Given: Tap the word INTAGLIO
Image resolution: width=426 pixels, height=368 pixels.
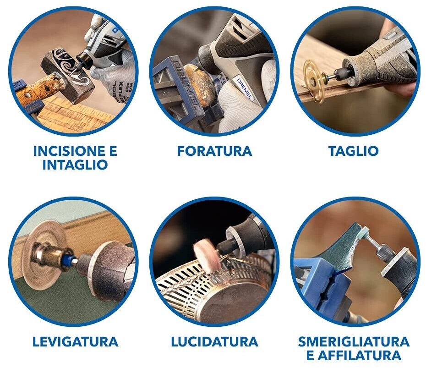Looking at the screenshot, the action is [75, 165].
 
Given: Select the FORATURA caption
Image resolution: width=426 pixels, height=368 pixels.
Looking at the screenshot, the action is [215, 151].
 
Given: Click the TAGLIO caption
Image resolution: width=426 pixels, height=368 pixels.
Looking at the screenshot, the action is [354, 151].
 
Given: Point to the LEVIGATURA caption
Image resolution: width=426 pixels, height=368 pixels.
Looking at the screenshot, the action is [75, 341].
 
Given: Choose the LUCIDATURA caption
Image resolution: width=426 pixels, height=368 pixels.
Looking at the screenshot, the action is [215, 341].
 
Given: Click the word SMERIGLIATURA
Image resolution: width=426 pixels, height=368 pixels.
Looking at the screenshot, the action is [354, 341].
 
